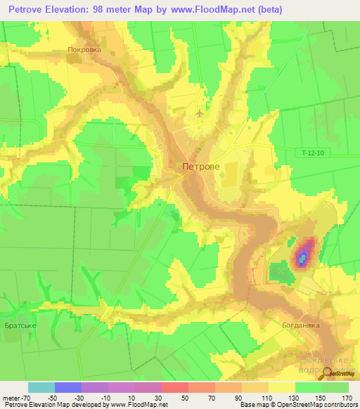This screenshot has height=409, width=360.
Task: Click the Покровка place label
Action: tap(84, 50)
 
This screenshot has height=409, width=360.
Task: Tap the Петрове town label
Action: tap(200, 167)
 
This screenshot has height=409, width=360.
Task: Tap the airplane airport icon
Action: tap(200, 112)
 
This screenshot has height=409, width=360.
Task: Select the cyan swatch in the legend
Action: tap(41, 387)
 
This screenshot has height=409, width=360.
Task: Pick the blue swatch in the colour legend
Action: tap(68, 387)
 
